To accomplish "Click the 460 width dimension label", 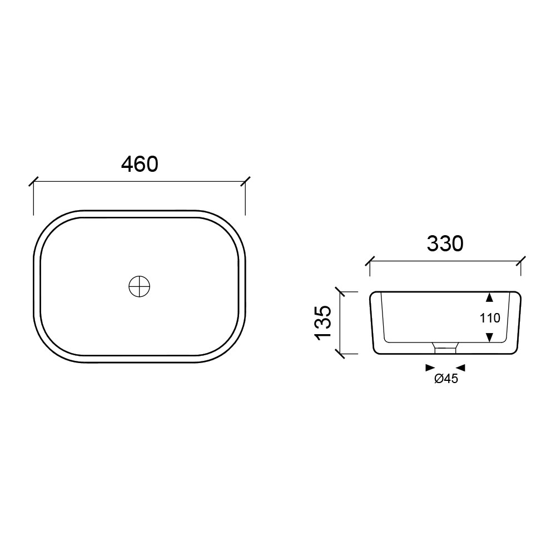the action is [x=140, y=164].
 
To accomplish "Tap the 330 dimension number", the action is [x=445, y=244].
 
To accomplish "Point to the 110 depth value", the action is [x=490, y=318].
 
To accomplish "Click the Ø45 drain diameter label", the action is [x=446, y=379].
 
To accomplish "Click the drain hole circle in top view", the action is [x=140, y=286].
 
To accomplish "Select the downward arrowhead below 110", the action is [x=489, y=337].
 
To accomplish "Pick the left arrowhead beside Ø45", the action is [x=430, y=368].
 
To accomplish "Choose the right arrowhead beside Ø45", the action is [x=460, y=368].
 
